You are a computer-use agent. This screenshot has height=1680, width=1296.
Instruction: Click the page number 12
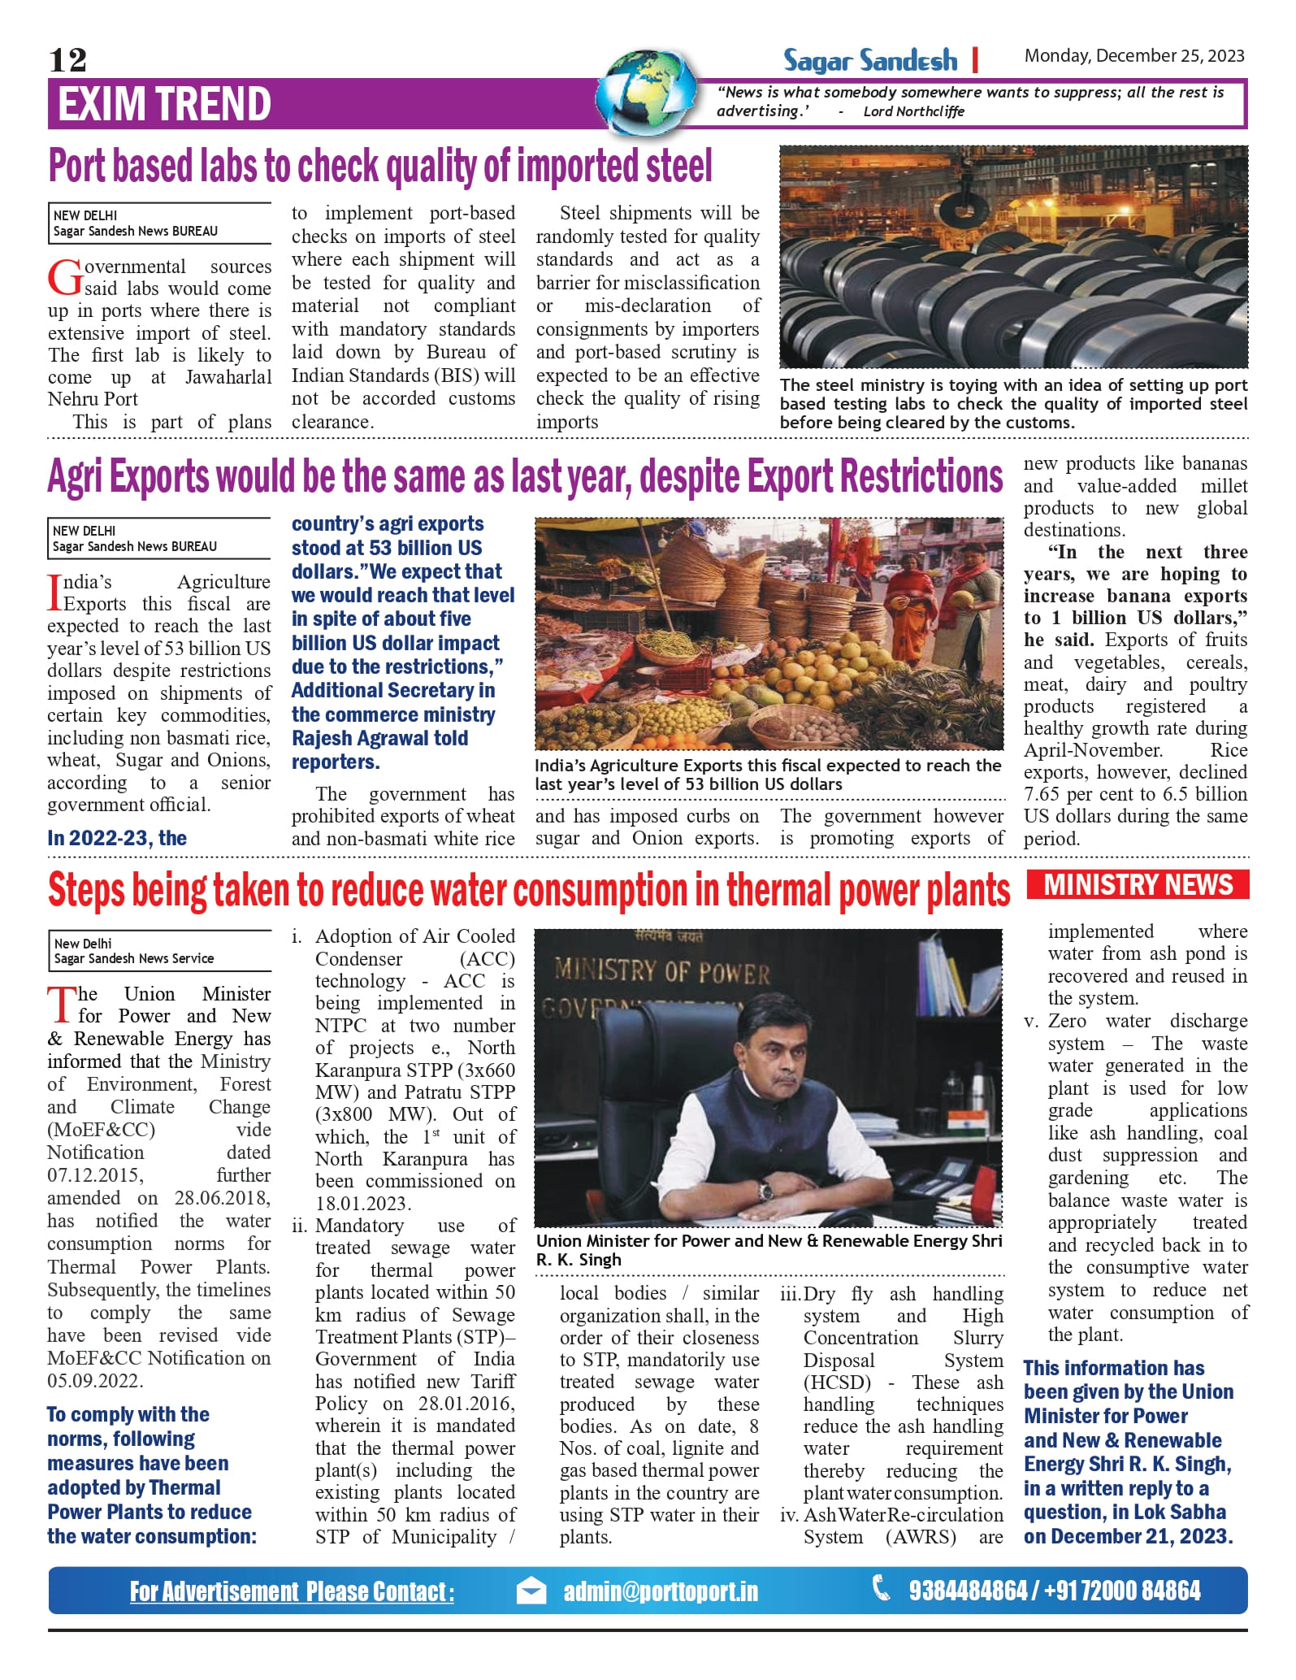pos(67,59)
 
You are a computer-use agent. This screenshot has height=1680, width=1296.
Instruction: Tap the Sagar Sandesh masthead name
pos(869,60)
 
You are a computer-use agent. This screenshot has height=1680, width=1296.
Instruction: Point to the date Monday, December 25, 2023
pos(1133,55)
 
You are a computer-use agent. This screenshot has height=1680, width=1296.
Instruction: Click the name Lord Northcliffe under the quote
pos(913,111)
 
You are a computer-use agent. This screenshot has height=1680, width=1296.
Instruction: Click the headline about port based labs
pos(380,166)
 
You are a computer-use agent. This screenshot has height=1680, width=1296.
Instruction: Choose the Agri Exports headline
pos(525,476)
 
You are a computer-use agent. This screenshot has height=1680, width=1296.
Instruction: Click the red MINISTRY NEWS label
pos(1138,884)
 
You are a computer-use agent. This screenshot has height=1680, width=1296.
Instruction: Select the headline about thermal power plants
pos(528,891)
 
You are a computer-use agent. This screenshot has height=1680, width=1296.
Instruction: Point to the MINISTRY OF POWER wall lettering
pos(661,970)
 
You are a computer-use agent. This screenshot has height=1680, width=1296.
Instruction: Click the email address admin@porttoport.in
pos(661,1591)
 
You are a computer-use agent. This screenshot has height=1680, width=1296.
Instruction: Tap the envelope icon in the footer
pos(531,1591)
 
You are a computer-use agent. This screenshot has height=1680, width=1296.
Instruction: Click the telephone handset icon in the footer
pos(881,1587)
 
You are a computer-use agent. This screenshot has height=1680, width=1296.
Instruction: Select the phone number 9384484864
pos(967,1591)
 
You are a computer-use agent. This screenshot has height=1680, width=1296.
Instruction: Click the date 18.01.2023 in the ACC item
pos(363,1203)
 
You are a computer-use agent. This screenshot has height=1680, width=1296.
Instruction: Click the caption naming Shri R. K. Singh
pos(769,1250)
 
